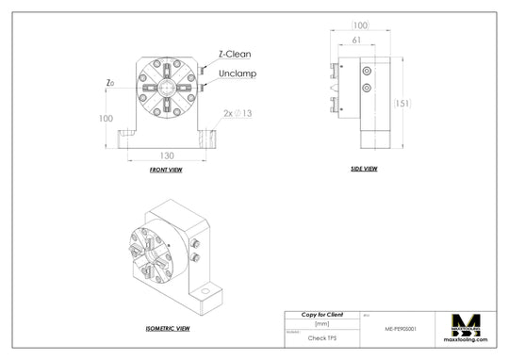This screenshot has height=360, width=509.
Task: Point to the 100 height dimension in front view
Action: pyautogui.click(x=105, y=119)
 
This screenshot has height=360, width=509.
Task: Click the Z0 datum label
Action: pyautogui.click(x=111, y=83)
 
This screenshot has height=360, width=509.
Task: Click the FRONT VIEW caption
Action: pyautogui.click(x=166, y=171)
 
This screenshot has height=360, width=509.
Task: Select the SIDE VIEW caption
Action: pyautogui.click(x=363, y=169)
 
